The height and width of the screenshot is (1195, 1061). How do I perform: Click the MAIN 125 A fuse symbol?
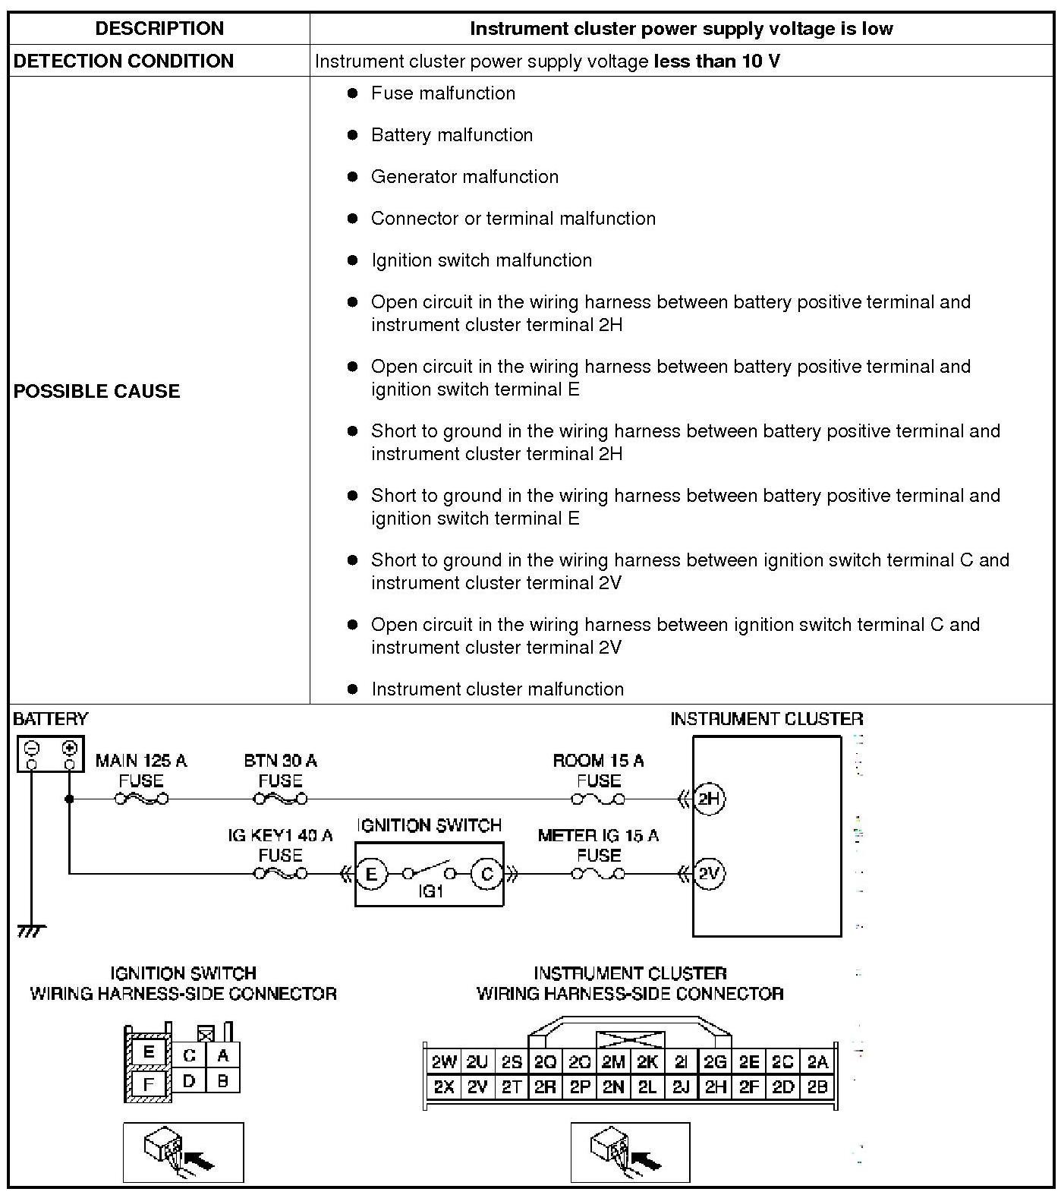(141, 799)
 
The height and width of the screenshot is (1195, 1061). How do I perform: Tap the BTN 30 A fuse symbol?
(280, 799)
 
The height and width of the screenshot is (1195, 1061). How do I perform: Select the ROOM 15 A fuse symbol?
(598, 799)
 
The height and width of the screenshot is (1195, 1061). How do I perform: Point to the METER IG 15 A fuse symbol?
(598, 874)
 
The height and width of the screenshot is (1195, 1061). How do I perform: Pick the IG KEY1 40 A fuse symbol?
(280, 874)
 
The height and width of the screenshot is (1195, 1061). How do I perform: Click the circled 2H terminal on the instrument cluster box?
(710, 799)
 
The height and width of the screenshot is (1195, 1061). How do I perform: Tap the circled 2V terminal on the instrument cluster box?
(710, 874)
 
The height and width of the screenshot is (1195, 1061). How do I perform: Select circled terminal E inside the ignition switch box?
(371, 874)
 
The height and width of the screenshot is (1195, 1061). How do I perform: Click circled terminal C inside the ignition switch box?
(487, 874)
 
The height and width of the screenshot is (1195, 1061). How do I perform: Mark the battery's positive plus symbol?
(70, 747)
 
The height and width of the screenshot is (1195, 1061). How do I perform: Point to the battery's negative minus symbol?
(32, 747)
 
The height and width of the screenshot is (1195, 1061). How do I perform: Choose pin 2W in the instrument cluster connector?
(443, 1062)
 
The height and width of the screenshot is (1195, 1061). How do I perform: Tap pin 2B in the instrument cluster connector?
(817, 1086)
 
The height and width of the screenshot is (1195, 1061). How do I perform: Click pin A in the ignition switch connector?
(222, 1055)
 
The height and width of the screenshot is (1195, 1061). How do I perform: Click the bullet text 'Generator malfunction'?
(464, 177)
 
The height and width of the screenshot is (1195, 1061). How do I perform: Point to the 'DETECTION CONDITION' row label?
(124, 61)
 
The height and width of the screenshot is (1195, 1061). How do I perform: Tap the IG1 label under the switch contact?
(430, 891)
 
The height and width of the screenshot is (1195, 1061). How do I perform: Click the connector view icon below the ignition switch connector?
(184, 1152)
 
